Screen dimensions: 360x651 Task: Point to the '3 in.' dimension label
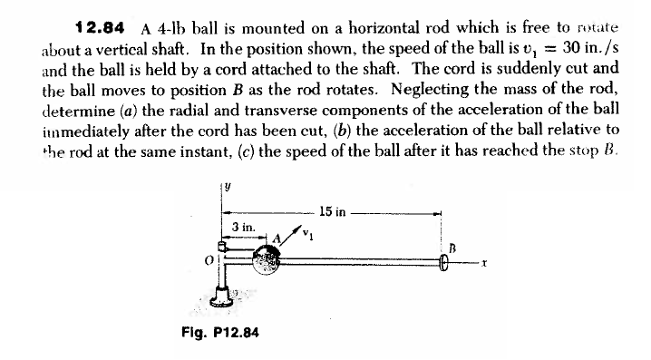[242, 226]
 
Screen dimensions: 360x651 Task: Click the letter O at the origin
[208, 262]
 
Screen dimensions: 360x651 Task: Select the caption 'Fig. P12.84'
[220, 332]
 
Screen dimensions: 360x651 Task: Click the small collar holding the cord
[222, 245]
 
